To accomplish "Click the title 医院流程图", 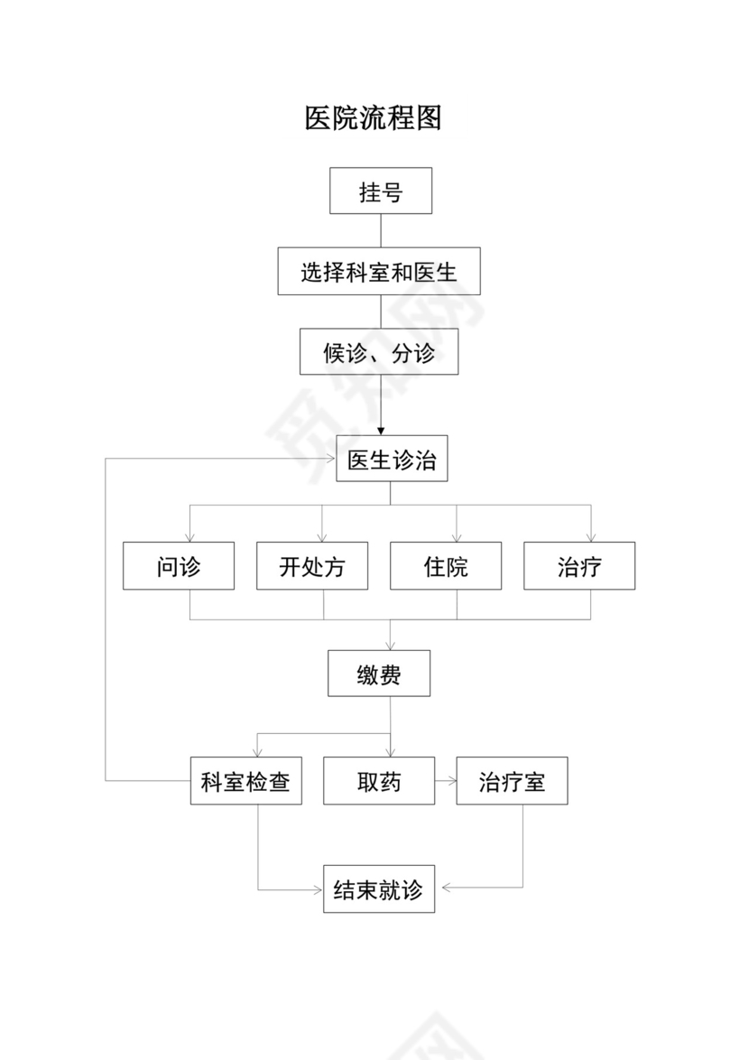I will pyautogui.click(x=373, y=118).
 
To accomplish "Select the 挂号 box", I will pyautogui.click(x=380, y=191).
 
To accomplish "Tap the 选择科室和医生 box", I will pyautogui.click(x=378, y=271).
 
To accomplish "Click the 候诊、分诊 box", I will pyautogui.click(x=379, y=351).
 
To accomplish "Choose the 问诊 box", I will pyautogui.click(x=178, y=566).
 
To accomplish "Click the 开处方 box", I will pyautogui.click(x=311, y=566).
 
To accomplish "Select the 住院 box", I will pyautogui.click(x=445, y=566).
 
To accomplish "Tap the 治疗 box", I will pyautogui.click(x=578, y=566).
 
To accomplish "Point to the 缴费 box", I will pyautogui.click(x=378, y=674).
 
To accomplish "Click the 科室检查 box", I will pyautogui.click(x=245, y=781).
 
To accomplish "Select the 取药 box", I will pyautogui.click(x=378, y=781).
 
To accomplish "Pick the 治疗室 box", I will pyautogui.click(x=512, y=781).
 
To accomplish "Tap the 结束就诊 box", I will pyautogui.click(x=378, y=888).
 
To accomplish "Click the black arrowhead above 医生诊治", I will pyautogui.click(x=381, y=432).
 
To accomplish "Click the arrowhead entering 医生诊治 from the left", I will pyautogui.click(x=330, y=460).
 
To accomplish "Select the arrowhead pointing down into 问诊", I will pyautogui.click(x=190, y=536).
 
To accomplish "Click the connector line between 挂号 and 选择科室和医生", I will pyautogui.click(x=381, y=230).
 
